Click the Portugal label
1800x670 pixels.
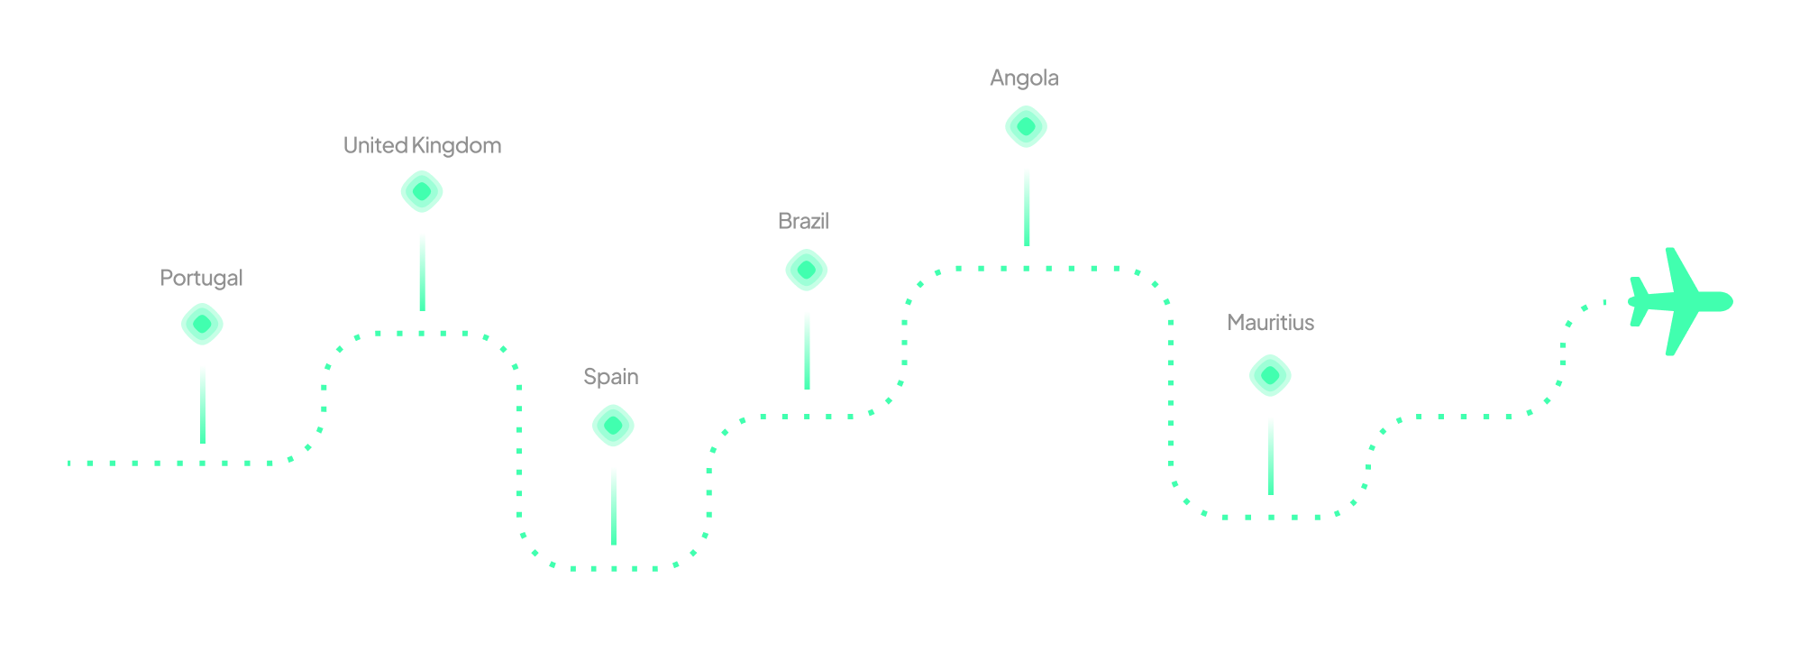[x=201, y=278]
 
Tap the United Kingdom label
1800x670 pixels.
[x=422, y=146]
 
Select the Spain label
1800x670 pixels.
[x=610, y=376]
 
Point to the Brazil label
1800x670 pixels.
[x=802, y=221]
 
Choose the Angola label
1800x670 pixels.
[x=1024, y=78]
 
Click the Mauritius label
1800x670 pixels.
[x=1270, y=323]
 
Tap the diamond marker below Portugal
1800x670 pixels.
[x=202, y=324]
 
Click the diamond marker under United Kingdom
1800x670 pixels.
[x=422, y=191]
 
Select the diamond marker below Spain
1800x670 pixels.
[x=613, y=426]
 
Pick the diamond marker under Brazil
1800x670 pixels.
[x=807, y=271]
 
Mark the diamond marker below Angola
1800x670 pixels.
[x=1027, y=126]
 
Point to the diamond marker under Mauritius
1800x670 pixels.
[x=1270, y=375]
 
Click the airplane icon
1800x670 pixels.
[x=1677, y=301]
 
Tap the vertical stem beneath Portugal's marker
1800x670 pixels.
[x=203, y=404]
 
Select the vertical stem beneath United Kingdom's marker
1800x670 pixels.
[x=422, y=271]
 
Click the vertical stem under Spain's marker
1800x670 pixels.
[x=614, y=506]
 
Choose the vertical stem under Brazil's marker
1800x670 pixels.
[x=807, y=350]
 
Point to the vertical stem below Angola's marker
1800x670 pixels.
[x=1027, y=207]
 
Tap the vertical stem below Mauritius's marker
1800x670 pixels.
[x=1271, y=455]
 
